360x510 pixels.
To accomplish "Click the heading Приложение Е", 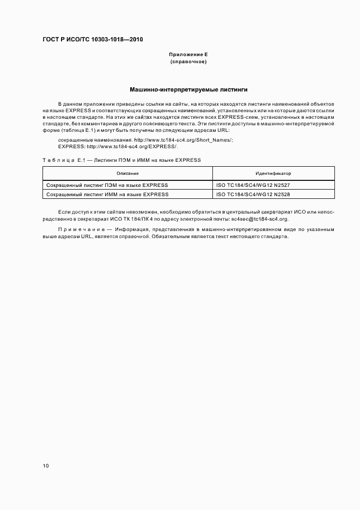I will [x=188, y=55].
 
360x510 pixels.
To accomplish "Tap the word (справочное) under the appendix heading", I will [x=188, y=62].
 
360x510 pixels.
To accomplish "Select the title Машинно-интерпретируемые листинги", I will [x=188, y=89].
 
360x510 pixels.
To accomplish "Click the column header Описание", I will [x=127, y=173].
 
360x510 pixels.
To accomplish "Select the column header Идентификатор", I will [x=273, y=173].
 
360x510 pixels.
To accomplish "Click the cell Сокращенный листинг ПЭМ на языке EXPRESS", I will [x=107, y=185].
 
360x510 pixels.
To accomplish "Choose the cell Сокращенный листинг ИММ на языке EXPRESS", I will [x=107, y=194].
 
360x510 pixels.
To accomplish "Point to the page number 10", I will [x=46, y=466].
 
